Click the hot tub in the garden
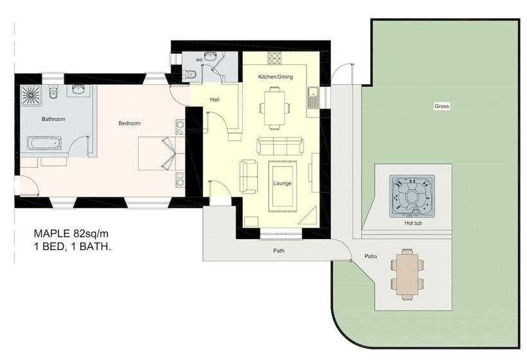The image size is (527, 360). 412,196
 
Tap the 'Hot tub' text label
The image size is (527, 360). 413,223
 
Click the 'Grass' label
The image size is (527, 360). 442,106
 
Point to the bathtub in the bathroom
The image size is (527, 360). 44,143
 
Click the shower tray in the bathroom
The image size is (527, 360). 31,95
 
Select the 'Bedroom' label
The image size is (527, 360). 129,123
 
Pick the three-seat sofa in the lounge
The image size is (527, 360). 280,146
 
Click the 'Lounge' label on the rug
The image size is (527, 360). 282,183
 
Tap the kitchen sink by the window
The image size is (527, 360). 313,98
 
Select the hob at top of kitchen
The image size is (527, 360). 274,58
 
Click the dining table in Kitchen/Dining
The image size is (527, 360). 274,107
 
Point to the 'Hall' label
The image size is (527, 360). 215,100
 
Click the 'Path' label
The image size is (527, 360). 279,251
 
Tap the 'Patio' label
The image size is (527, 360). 371,256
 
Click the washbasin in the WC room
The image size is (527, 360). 210,55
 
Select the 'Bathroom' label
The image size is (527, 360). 53,119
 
